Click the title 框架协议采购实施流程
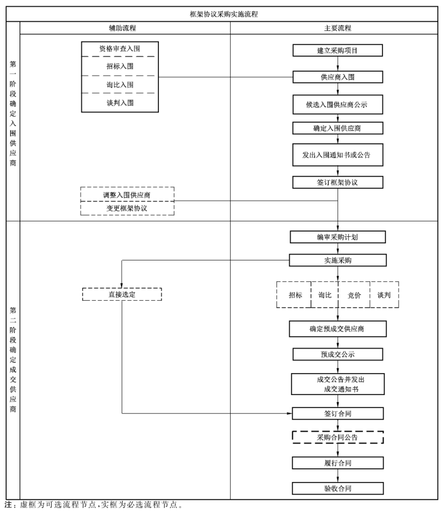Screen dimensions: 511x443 224,14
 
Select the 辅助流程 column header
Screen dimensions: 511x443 126,28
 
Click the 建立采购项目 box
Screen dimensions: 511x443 337,50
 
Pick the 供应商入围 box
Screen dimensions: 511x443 337,77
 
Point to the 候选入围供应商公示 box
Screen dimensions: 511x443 337,104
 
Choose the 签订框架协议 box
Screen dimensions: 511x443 337,182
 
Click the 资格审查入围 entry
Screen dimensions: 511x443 120,49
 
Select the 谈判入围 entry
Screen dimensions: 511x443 120,102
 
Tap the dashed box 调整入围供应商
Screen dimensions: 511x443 128,194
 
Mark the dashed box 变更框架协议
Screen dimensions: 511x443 128,208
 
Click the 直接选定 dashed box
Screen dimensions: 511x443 122,294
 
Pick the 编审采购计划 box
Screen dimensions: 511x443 337,237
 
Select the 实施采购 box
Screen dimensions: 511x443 337,260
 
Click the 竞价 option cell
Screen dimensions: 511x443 354,294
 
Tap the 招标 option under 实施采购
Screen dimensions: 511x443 295,294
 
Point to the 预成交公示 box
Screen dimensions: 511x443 337,354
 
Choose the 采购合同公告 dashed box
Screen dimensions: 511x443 337,437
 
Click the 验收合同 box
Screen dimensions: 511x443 337,488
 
